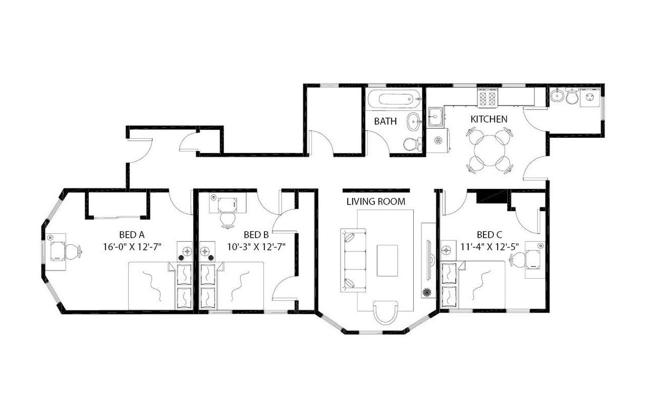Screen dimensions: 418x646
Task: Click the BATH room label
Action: pos(385,122)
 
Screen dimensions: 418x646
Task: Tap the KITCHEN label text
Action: pos(489,119)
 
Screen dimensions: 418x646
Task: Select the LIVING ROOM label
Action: pos(375,201)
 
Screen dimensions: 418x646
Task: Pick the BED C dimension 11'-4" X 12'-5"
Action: pos(489,247)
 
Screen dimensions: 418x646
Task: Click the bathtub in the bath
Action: pos(393,99)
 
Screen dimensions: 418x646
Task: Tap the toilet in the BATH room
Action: pos(413,144)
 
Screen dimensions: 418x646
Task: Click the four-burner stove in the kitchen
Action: pos(488,97)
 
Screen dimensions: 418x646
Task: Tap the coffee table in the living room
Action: pos(387,260)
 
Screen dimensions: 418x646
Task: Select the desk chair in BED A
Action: pos(73,251)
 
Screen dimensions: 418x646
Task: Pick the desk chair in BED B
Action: pos(228,220)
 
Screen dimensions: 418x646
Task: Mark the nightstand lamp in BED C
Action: pos(446,250)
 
